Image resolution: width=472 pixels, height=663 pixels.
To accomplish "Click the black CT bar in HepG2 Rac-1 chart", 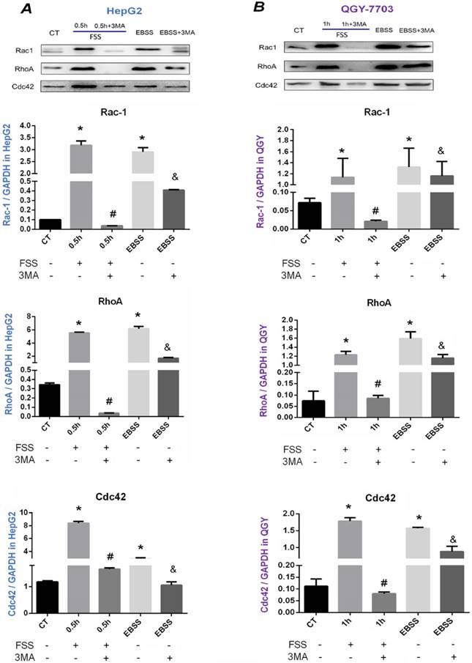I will pyautogui.click(x=50, y=224).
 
